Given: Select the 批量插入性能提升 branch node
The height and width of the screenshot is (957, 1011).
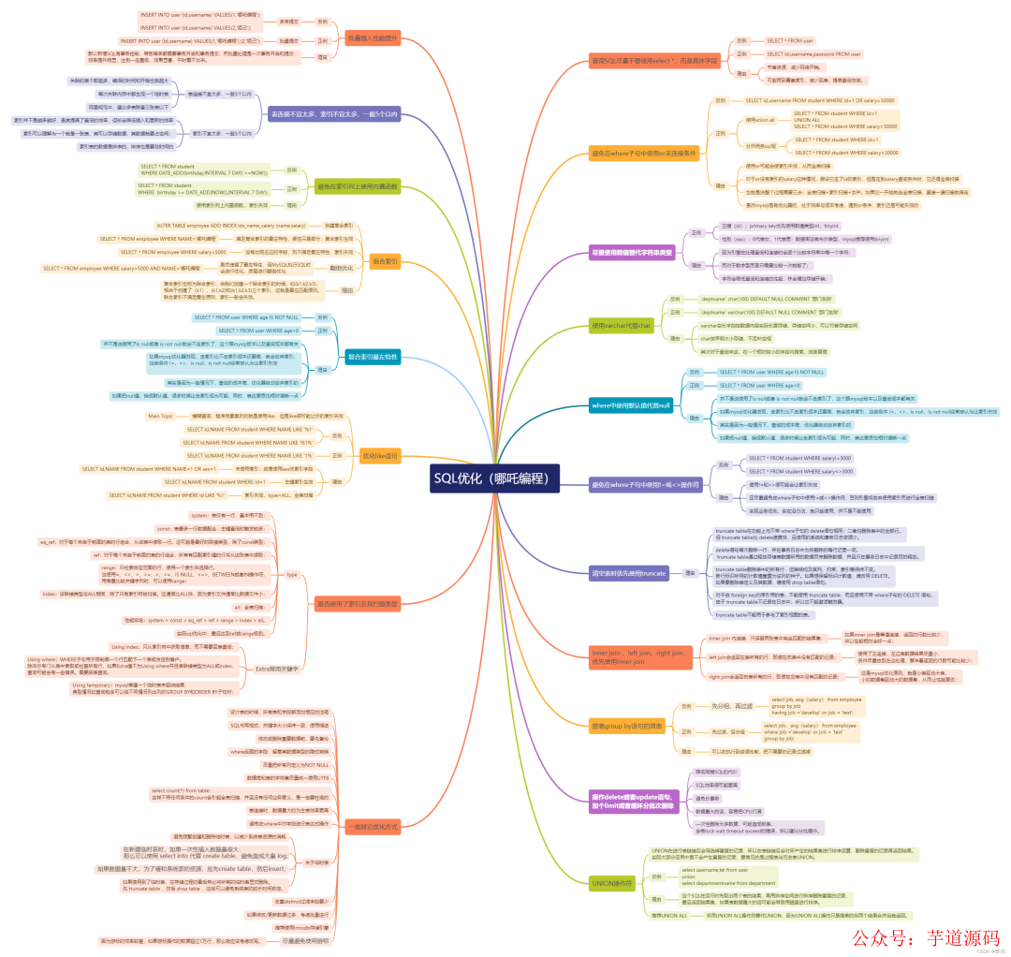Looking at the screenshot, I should click(x=373, y=38).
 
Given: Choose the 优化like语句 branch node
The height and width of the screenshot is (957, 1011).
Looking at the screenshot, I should click(x=380, y=456).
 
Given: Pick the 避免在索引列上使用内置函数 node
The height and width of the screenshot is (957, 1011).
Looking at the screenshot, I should click(x=357, y=186).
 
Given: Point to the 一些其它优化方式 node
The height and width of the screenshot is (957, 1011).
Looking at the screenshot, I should click(x=372, y=826).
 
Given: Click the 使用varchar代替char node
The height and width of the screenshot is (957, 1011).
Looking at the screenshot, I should click(x=620, y=326).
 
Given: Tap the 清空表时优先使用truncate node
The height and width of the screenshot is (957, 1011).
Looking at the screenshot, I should click(x=628, y=572).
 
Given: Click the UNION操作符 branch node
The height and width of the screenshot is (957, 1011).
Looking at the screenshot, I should click(x=613, y=882).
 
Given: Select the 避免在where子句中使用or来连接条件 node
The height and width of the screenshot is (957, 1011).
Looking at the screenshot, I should click(x=646, y=152).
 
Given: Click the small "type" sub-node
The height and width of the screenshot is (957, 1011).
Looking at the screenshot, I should click(x=291, y=574).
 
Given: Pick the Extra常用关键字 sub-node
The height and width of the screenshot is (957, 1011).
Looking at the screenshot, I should click(x=277, y=669).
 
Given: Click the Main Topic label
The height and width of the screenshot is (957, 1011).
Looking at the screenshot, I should click(x=160, y=416).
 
